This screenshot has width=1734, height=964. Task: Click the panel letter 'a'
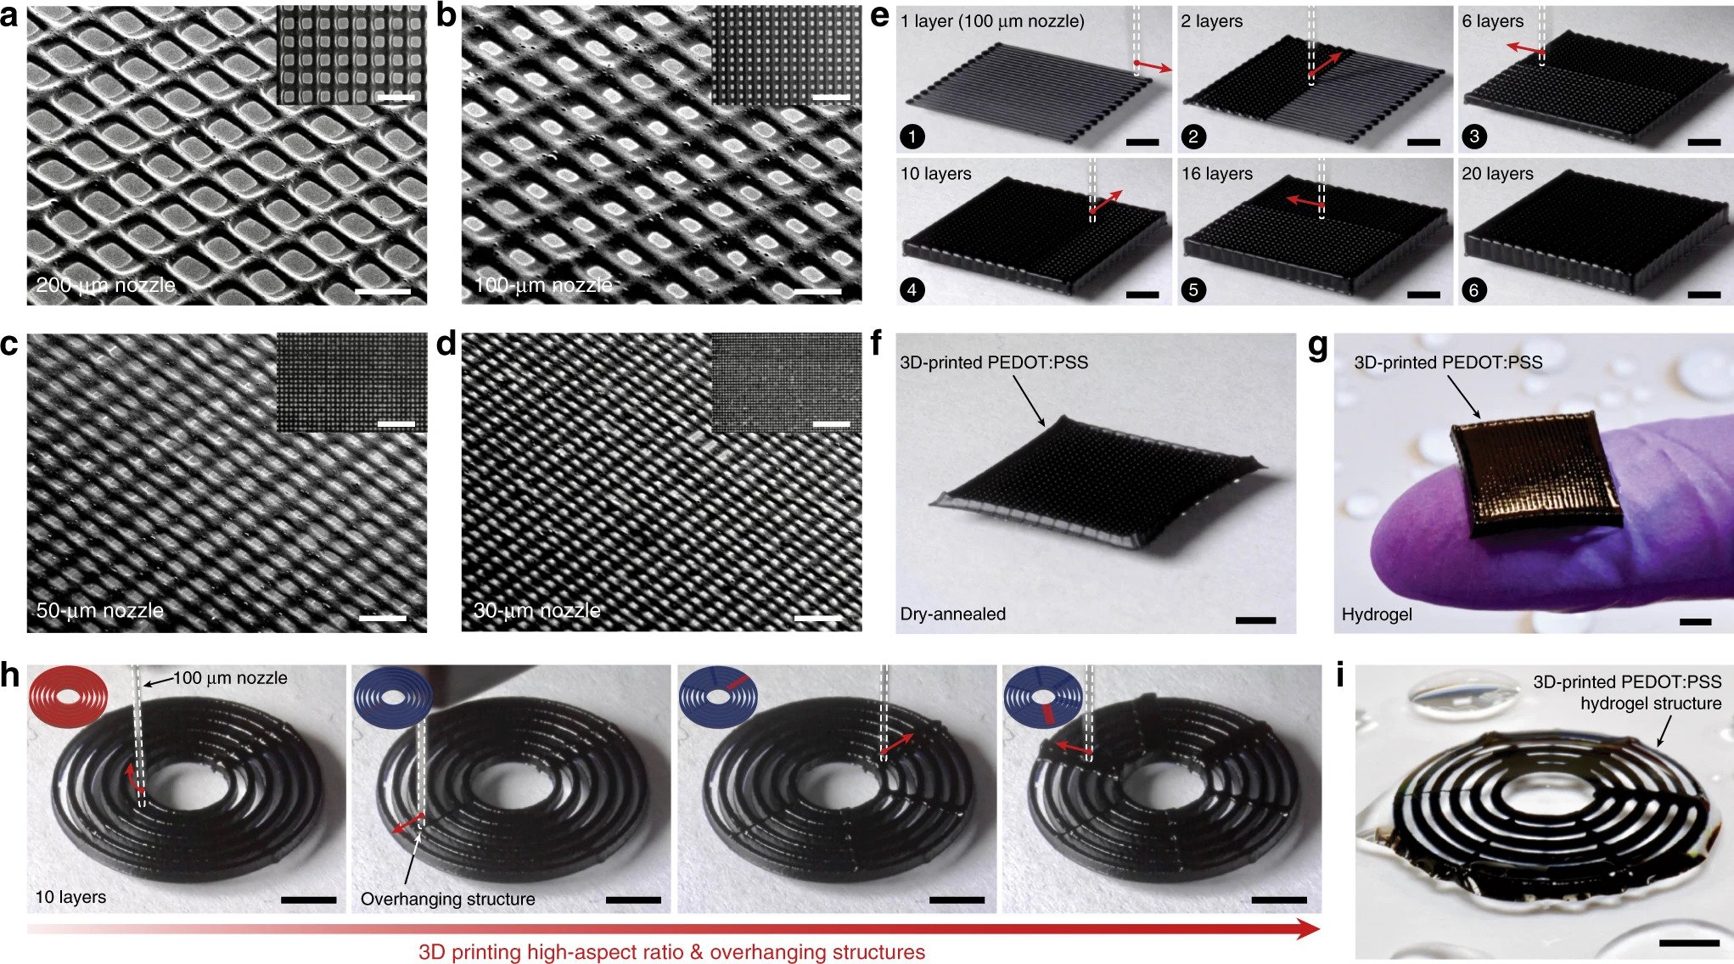coord(10,17)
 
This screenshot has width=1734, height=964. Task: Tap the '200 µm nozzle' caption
coord(106,285)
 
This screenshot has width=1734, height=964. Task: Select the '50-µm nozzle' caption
coord(100,610)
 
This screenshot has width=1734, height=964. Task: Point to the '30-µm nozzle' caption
coord(536,610)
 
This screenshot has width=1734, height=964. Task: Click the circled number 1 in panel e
coord(913,137)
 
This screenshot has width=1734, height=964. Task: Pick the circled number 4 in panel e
coord(912,289)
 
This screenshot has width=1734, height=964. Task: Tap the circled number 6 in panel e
coord(1474,289)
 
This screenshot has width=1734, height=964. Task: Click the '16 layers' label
coord(1217,174)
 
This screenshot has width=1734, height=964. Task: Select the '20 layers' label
coord(1497,174)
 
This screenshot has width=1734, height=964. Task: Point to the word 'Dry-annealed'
coord(952,614)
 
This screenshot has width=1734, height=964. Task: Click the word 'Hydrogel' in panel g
coord(1377,614)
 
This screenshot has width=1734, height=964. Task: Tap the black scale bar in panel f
coord(1255,620)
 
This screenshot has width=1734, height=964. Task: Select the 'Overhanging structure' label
coord(448,899)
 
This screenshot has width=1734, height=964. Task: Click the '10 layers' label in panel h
coord(70,897)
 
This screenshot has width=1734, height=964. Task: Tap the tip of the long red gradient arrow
coord(1320,930)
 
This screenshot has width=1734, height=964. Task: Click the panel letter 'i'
coord(1340,676)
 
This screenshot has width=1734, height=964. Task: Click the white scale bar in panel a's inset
coord(396,98)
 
